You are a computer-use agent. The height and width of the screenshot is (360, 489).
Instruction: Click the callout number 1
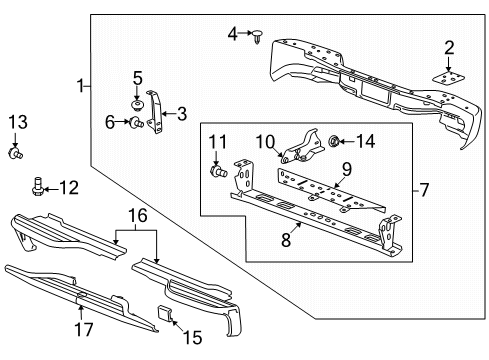(x=80, y=87)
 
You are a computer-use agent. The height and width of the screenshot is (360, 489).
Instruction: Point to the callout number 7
(x=424, y=187)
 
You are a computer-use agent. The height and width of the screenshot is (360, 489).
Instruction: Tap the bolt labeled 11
(x=217, y=172)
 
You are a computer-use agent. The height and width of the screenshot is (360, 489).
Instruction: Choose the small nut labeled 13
(x=15, y=154)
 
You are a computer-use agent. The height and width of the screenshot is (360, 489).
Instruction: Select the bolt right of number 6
(x=133, y=123)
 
